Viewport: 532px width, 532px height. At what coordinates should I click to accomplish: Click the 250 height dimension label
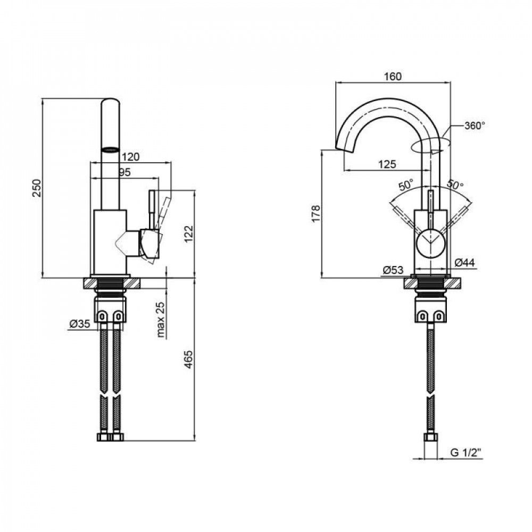(37, 187)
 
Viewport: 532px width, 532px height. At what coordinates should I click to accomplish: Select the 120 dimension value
(130, 157)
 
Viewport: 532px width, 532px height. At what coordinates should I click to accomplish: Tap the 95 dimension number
(124, 172)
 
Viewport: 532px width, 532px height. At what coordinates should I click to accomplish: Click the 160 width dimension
(393, 76)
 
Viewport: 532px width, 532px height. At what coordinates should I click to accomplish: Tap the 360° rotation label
(475, 126)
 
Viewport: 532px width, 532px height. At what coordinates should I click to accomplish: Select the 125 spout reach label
(387, 164)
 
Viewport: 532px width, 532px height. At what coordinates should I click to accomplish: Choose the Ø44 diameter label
(464, 261)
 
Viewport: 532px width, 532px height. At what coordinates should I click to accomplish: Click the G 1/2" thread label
(465, 453)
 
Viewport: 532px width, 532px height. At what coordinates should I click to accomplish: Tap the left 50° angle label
(406, 186)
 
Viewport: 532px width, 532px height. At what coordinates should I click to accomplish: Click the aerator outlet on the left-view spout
(110, 149)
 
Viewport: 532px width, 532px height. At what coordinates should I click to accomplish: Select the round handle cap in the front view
(431, 243)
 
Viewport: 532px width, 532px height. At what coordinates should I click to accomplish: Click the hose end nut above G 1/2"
(430, 438)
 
